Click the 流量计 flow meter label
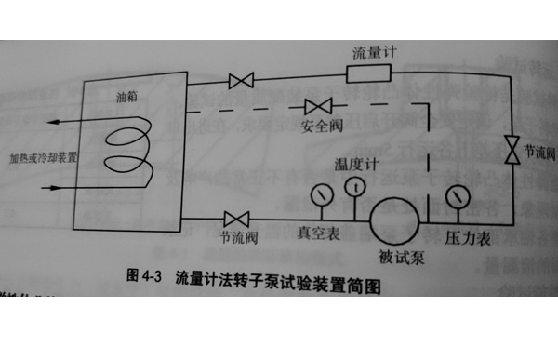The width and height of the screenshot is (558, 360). click(x=375, y=52)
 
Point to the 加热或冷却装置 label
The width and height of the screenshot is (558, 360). click(x=43, y=159)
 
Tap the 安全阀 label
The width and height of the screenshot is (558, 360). click(x=319, y=125)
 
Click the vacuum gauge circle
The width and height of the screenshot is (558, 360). click(x=323, y=195)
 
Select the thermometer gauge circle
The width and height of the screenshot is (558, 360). click(x=354, y=187)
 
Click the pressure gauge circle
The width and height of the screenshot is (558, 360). click(x=456, y=198)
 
